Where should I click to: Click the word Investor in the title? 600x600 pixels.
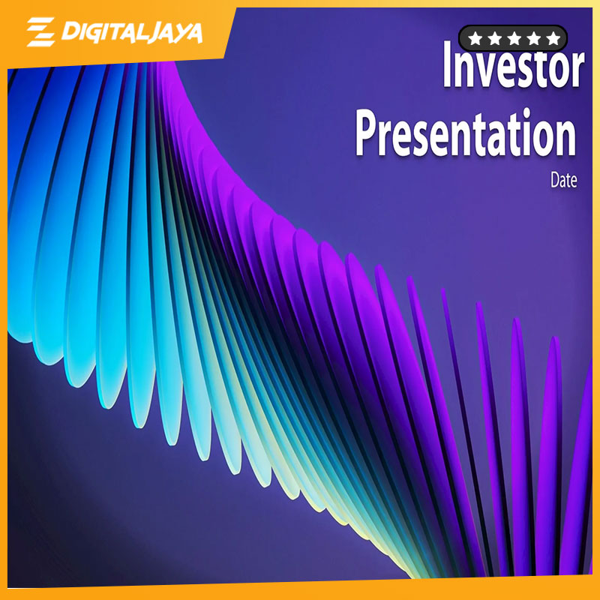coord(514,64)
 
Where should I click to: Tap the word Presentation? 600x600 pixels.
coord(466,133)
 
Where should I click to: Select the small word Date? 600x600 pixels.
coord(564,180)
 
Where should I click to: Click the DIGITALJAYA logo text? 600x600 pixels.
coord(132,32)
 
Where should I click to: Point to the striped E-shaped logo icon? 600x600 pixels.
coord(41,31)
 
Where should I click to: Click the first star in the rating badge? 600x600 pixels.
coord(475,38)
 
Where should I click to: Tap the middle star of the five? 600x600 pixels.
coord(514,38)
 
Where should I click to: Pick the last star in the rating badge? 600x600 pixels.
coord(553,38)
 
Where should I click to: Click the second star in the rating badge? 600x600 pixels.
coord(494,38)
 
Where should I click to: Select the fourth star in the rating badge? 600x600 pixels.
coord(533,38)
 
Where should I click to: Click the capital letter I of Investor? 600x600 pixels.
coord(447,64)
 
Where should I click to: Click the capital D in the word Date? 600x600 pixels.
coord(555,180)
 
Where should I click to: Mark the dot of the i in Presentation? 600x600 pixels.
coord(528,112)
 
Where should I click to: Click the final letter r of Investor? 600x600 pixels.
coord(577,70)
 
